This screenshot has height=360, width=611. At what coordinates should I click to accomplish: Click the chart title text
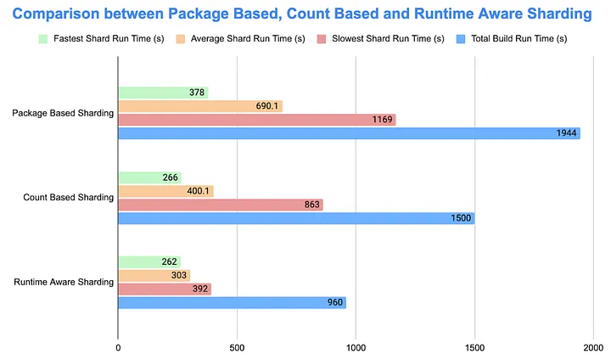305,14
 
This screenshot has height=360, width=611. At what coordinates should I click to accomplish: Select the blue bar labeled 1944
349,133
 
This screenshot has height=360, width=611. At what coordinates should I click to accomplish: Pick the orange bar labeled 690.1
199,106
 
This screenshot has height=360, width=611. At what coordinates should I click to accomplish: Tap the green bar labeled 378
162,93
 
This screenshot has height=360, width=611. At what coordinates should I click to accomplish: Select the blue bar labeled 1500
296,218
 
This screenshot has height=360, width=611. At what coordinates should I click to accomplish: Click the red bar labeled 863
220,205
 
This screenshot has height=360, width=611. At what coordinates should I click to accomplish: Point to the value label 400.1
199,191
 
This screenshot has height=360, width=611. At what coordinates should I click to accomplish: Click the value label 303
177,275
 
